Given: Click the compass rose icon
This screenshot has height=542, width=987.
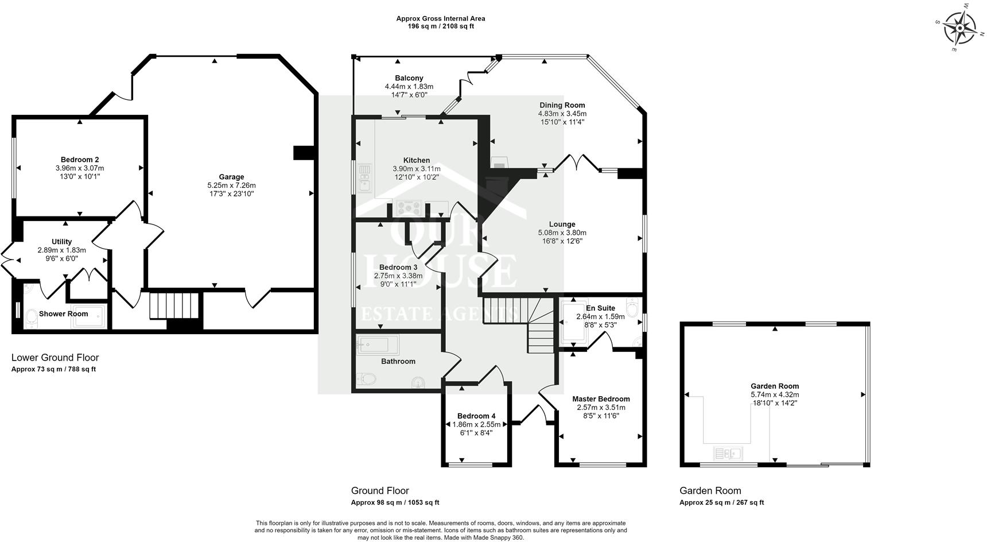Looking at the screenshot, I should tap(959, 28).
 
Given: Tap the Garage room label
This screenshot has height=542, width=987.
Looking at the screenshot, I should tap(231, 177).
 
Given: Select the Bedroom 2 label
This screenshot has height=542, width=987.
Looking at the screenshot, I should tap(80, 160).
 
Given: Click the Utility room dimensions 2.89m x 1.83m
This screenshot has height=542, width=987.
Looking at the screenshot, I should tap(61, 250).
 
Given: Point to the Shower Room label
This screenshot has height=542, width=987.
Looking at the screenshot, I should tap(63, 313).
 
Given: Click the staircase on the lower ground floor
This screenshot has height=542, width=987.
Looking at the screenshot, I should tap(174, 305).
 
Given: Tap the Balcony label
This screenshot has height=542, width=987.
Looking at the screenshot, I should tap(409, 78).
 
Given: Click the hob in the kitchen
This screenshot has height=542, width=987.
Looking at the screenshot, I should tap(409, 208).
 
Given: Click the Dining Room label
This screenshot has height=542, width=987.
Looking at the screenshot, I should tap(562, 105).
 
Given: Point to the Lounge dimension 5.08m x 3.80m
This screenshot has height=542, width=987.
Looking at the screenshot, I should tap(562, 233).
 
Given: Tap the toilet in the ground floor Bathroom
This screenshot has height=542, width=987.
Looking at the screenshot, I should tap(366, 378).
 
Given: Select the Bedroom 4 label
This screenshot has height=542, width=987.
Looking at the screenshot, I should tap(476, 416).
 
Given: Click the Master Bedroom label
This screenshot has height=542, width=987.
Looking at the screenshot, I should tap(601, 399).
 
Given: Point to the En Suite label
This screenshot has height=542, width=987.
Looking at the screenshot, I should tap(600, 308).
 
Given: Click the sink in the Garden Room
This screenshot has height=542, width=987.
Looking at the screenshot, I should tap(728, 454).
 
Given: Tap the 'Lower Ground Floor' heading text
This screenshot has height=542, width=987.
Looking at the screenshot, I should tap(55, 358).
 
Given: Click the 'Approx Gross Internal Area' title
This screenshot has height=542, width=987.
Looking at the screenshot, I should tap(440, 18).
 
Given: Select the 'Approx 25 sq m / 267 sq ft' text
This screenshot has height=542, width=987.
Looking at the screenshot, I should tap(721, 502).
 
